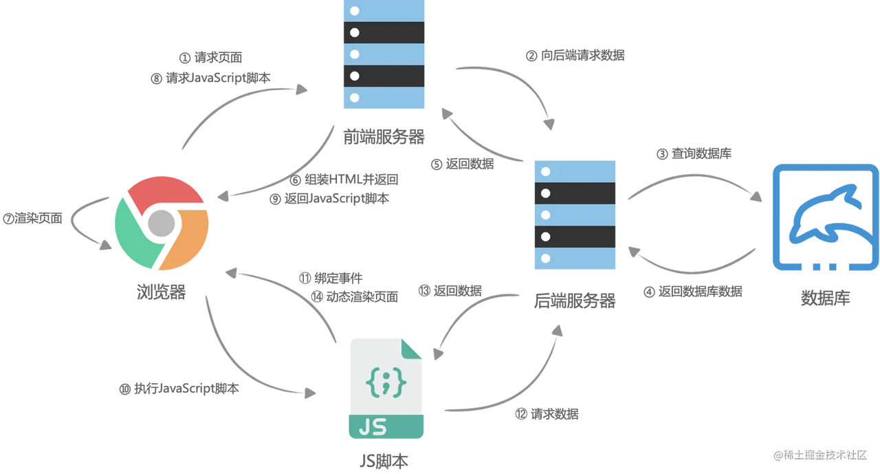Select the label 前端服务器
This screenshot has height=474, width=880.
383,136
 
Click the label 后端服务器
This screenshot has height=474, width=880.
575,301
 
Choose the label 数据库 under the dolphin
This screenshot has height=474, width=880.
825,299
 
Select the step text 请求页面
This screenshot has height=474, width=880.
219,58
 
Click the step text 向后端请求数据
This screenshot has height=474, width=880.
582,56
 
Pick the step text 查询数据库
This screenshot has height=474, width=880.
701,154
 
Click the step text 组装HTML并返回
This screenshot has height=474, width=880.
351,180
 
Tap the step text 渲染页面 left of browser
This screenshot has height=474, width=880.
38,219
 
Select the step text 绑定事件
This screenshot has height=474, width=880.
337,278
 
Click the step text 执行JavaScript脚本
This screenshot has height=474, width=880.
186,389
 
